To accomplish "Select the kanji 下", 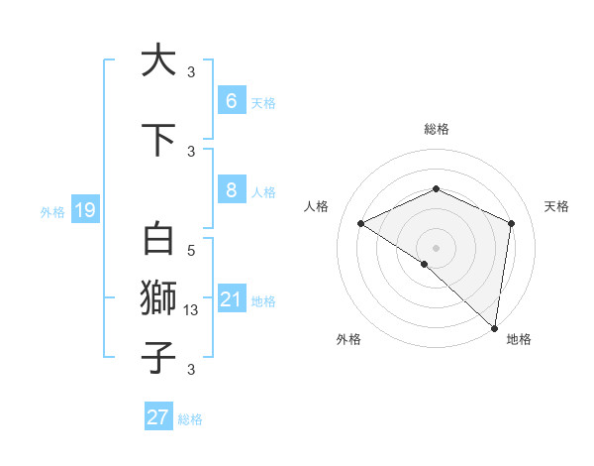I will (x=158, y=140).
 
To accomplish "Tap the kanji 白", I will (x=158, y=241).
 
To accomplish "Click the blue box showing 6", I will (x=231, y=101).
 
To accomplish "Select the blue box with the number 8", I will (x=231, y=191).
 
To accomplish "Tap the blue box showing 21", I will (x=231, y=299).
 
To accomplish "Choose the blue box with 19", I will (x=84, y=209).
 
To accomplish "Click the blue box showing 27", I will (x=158, y=417).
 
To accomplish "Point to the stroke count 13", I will (x=192, y=310).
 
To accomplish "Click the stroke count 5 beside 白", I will (x=191, y=252).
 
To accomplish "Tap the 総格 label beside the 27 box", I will (x=190, y=419).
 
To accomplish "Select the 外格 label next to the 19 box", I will (x=52, y=211).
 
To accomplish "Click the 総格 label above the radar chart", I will (x=437, y=129).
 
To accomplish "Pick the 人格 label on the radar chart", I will (x=317, y=206).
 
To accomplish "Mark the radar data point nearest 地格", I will (x=495, y=327).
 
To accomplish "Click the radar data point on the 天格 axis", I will (x=512, y=223).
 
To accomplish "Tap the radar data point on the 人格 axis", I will (x=361, y=224).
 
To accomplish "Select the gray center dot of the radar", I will (x=437, y=247).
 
